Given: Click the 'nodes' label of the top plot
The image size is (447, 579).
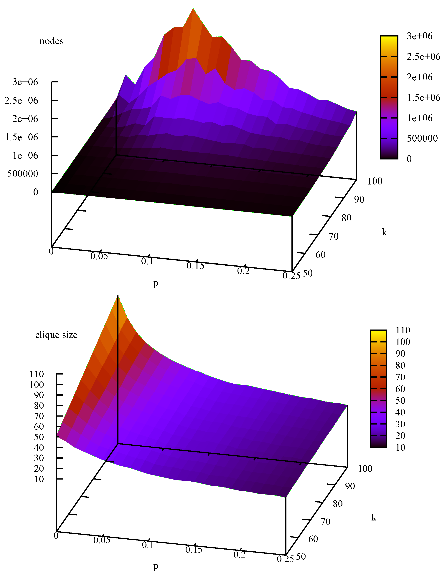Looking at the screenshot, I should coord(51,41).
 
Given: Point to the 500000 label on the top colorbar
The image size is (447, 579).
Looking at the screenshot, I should coord(422,138).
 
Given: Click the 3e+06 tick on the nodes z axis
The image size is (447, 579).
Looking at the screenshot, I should coord(25,82).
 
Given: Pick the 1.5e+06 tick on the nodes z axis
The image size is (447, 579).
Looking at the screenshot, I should coord(22,137).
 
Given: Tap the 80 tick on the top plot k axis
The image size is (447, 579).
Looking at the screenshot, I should coord(346,218).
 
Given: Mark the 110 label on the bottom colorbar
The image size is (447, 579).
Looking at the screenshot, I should coord(403,330).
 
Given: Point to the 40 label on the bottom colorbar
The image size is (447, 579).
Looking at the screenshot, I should coord(400,412).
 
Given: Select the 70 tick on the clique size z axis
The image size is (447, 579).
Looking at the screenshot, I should coord(39,416).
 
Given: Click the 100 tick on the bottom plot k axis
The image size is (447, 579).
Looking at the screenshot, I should coord(365,468).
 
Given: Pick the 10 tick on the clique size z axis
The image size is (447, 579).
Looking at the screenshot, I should coord(39,479).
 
